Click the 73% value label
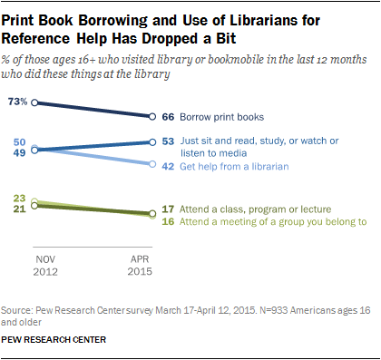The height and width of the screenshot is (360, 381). pos(17,102)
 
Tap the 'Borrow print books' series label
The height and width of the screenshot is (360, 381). pos(222,117)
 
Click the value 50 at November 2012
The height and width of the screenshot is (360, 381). pos(19,142)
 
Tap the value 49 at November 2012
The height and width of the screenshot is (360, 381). pos(19,153)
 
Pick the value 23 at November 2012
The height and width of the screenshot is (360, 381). pos(19,198)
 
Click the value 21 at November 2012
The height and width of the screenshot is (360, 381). pos(19,209)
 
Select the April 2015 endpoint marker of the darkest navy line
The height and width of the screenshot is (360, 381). pos(151,117)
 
